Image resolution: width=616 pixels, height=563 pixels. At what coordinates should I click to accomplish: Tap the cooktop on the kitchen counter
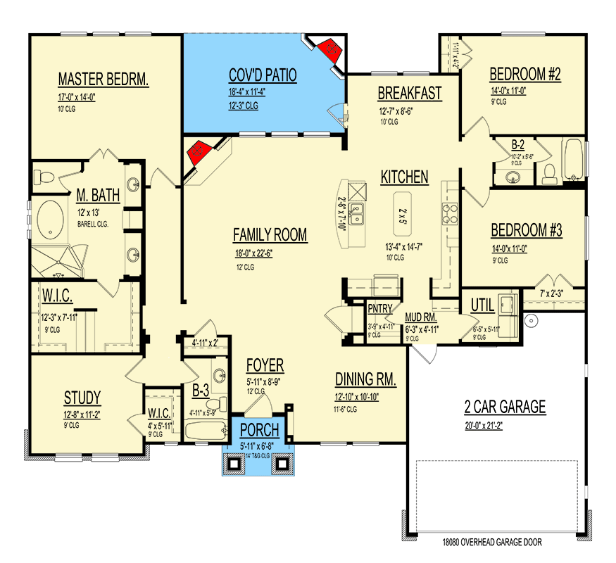point(449,213)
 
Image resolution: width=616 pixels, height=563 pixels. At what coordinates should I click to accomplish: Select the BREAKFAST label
point(410,93)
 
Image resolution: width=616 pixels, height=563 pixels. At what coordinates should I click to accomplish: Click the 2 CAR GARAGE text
point(505,406)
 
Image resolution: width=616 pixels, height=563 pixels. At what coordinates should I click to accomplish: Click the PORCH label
point(259,430)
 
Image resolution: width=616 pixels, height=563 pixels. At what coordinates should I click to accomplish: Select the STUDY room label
point(81,398)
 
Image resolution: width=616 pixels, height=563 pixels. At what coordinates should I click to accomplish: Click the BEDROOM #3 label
point(526,229)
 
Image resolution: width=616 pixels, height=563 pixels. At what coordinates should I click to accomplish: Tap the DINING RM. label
point(365,380)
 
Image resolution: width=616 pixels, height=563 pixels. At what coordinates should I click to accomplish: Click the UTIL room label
point(483,305)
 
